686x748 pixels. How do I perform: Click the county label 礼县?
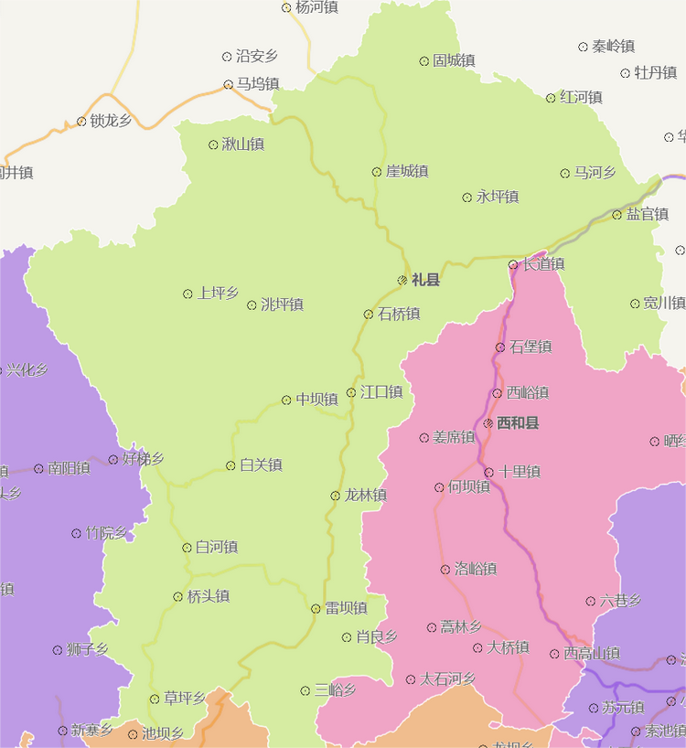426,280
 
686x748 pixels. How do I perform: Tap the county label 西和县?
518,423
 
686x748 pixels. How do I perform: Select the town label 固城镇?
454,61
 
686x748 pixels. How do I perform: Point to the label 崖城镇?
407,172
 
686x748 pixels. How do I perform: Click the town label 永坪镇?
498,198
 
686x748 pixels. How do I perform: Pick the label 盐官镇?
648,215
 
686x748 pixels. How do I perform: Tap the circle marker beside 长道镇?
513,265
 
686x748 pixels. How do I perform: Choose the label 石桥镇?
399,315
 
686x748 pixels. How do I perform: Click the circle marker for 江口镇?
351,393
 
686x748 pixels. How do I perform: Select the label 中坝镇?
316,400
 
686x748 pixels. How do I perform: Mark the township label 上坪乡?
218,294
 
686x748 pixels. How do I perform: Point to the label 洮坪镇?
282,305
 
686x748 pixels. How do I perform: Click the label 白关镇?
261,465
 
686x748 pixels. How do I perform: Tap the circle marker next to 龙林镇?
335,496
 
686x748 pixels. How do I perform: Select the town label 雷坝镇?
346,608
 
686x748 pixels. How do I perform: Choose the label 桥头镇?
209,597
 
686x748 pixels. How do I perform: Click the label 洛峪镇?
476,570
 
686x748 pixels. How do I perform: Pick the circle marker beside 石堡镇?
500,347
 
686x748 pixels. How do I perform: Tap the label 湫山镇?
243,144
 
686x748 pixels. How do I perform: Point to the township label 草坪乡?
185,699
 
